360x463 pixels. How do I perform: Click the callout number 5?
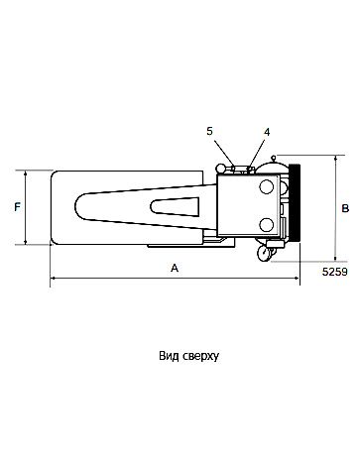[209, 130]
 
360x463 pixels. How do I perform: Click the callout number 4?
[267, 130]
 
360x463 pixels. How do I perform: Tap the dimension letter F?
[16, 207]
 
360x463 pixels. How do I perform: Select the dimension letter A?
[176, 268]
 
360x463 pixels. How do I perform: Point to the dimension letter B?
[344, 208]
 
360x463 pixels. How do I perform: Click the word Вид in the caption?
[168, 353]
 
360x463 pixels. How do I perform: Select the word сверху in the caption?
[198, 353]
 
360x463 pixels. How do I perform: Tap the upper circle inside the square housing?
[265, 185]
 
